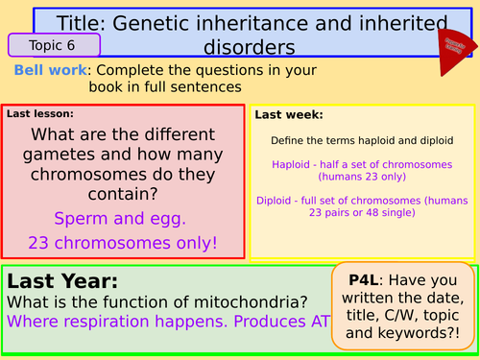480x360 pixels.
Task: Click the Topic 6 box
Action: [54, 44]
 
